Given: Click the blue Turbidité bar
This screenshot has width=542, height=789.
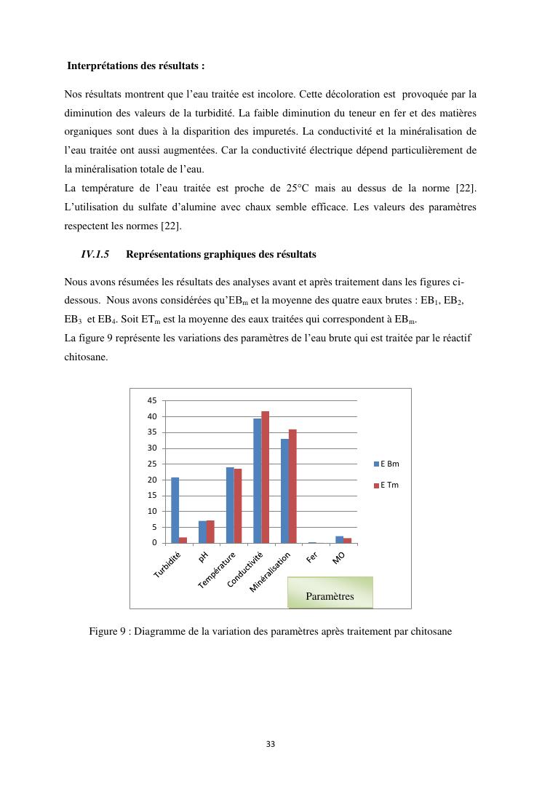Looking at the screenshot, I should point(175,510).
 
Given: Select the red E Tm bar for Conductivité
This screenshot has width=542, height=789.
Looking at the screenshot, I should point(266,477).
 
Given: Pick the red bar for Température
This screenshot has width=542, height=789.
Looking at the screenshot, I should point(238,506).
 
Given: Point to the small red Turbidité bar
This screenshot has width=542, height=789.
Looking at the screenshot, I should point(183,540).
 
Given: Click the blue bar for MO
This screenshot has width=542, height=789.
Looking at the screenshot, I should point(339,539).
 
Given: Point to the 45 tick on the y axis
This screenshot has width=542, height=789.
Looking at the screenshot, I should point(151,401).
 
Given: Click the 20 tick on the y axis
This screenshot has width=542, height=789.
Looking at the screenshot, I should point(151,480).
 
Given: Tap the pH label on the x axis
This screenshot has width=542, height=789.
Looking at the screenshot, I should point(203,558).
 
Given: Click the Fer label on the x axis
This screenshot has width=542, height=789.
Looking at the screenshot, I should point(312,558).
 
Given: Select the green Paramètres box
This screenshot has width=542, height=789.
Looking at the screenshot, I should point(330,592).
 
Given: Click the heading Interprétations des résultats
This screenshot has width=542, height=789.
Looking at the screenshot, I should point(136,66).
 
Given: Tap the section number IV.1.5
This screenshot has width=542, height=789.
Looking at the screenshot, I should point(95,255).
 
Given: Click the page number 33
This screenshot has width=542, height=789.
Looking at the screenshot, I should point(271,744).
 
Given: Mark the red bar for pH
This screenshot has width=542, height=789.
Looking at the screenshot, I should point(210,531).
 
